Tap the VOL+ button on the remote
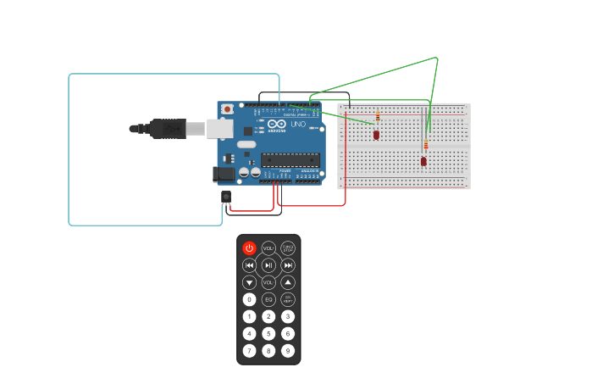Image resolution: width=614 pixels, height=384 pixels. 268,248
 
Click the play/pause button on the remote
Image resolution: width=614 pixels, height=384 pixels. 268,265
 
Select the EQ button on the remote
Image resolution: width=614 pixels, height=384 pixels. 268,299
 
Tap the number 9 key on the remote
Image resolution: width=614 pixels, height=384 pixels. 288,350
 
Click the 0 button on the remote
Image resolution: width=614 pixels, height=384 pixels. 249,299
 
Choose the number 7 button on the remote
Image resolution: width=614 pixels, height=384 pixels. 249,350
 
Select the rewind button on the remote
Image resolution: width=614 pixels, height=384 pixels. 249,265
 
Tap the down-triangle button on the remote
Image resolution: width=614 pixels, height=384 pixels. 249,282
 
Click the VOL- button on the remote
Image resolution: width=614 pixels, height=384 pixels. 268,282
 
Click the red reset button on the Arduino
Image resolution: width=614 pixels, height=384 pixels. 227,109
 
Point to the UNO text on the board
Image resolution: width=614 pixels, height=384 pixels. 298,125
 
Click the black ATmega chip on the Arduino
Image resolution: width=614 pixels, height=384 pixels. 290,159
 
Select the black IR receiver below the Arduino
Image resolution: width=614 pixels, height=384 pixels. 226,197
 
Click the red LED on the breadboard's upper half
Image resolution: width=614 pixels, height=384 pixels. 376,134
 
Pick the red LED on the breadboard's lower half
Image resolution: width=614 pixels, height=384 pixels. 423,161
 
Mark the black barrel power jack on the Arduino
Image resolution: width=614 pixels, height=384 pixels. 224,174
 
